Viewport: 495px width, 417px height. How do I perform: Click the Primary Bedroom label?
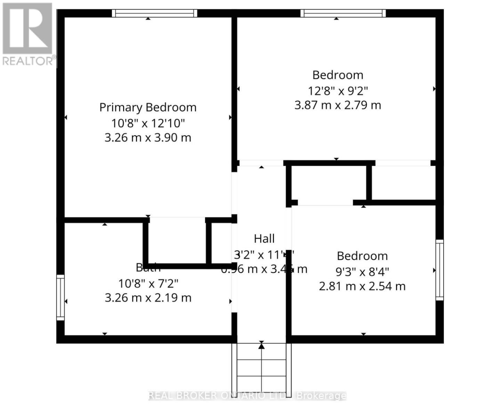[148, 107]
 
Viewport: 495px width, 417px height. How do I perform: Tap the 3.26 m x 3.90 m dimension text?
[148, 138]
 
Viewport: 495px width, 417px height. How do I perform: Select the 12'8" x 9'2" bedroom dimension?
[338, 91]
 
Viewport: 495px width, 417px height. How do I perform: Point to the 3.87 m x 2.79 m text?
[338, 105]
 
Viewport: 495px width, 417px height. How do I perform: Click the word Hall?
[264, 239]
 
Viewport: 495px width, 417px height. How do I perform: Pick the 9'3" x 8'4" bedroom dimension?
[362, 271]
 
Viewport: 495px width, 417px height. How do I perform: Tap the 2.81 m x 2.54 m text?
[362, 286]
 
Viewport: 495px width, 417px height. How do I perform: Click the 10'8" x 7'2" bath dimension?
[148, 284]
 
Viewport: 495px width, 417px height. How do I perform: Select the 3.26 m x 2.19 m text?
[148, 298]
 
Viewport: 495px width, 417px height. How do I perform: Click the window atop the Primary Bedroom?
[154, 13]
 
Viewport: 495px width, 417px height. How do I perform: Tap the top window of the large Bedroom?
[343, 13]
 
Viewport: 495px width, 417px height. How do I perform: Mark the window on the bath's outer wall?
[60, 297]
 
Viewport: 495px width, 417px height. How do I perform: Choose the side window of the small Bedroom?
[440, 270]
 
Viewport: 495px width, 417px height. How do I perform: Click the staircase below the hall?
[261, 368]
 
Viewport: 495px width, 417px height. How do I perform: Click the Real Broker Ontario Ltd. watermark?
[247, 395]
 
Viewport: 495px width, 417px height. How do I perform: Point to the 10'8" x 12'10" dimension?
[148, 123]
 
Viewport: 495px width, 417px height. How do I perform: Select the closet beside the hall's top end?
[328, 183]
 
